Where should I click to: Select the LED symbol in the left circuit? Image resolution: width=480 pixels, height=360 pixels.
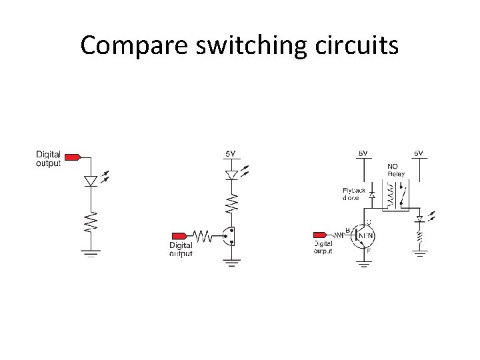pos(91,181)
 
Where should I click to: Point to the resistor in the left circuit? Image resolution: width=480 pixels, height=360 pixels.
pos(91,221)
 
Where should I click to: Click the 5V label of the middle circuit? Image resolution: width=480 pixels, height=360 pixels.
pos(230,154)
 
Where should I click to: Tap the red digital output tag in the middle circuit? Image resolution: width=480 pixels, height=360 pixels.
pos(180,235)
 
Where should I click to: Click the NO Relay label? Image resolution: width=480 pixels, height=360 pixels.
pos(396,171)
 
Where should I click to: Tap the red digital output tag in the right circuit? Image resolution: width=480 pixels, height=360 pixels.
pos(322,235)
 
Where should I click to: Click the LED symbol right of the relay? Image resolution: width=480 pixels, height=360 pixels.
pos(419,219)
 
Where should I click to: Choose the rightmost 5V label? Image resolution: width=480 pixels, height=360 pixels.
pos(419,153)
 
